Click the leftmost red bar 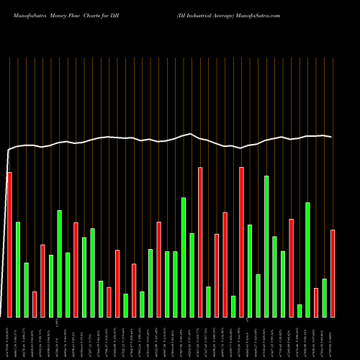tap(9, 245)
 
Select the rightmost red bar tap(333, 274)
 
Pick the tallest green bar tap(266, 246)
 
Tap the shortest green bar tap(300, 310)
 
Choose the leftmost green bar tap(18, 269)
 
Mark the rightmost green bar tap(325, 297)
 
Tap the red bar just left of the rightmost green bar tap(316, 302)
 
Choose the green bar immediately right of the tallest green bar tap(275, 276)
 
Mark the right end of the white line tap(331, 137)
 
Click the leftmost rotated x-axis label tap(9, 338)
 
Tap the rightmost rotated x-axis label tap(333, 338)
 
